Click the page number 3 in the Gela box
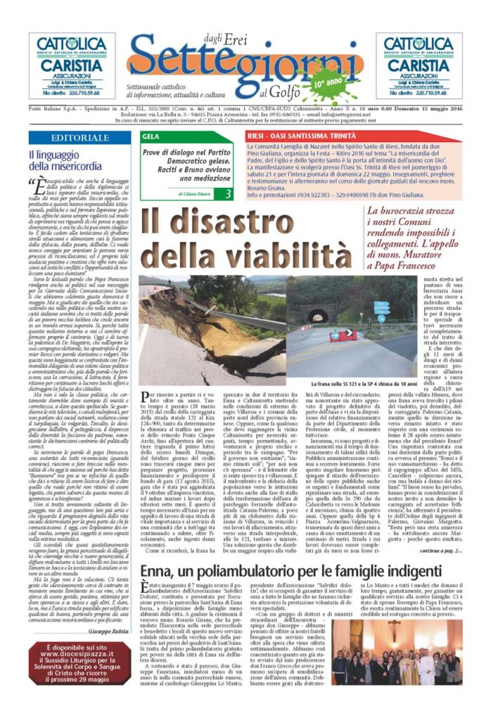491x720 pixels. point(227,193)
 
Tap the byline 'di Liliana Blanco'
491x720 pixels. point(179,193)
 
